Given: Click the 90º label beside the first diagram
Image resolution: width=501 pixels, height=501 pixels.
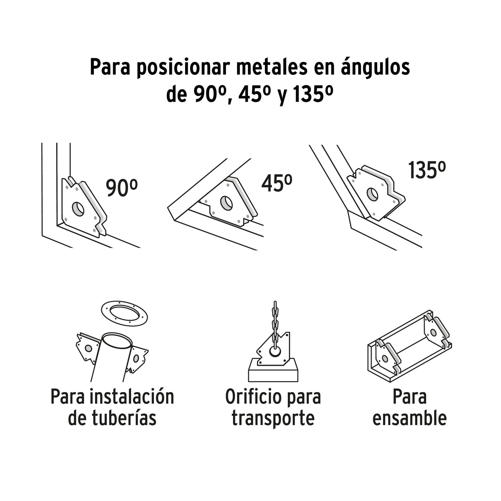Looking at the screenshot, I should [121, 188].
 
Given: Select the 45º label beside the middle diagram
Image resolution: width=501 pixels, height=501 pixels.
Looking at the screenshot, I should [276, 183].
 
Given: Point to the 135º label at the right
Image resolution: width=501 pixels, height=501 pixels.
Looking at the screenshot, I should [426, 170].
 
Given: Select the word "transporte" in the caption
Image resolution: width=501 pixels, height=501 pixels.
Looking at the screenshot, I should [273, 418].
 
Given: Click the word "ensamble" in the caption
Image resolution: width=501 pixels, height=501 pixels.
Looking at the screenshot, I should [409, 418].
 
